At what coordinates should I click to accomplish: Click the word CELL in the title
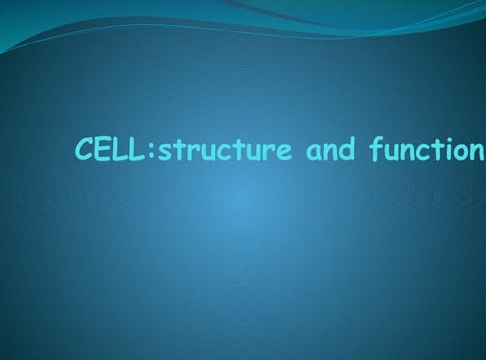pyautogui.click(x=102, y=149)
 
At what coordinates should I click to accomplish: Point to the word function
pyautogui.click(x=425, y=149)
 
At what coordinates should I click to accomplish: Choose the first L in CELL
pyautogui.click(x=111, y=149)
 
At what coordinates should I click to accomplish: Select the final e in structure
pyautogui.click(x=283, y=152)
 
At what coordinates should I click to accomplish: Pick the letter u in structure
pyautogui.click(x=190, y=152)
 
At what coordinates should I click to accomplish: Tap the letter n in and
pyautogui.click(x=331, y=152)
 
